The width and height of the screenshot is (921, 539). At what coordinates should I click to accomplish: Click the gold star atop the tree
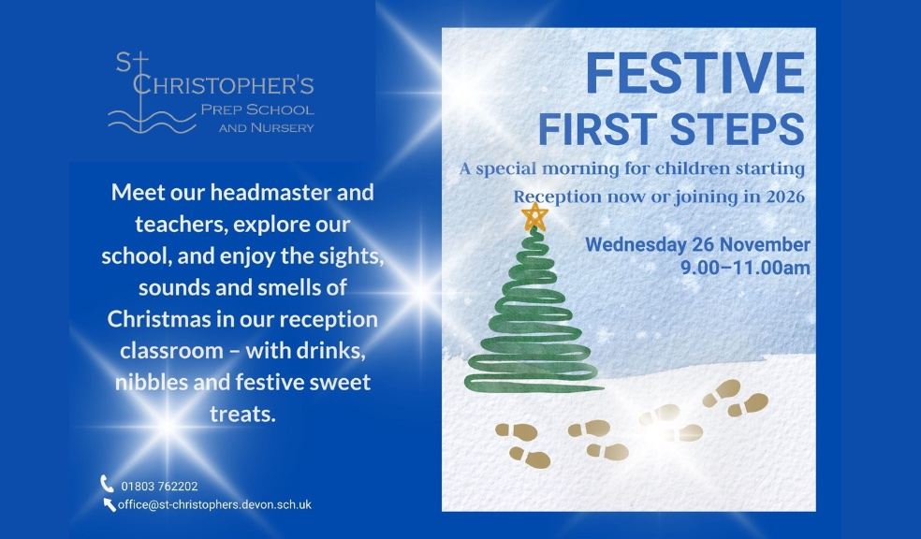534,217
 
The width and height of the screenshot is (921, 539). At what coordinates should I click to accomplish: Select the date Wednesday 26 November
697,245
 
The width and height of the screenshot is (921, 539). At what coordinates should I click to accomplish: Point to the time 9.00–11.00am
746,269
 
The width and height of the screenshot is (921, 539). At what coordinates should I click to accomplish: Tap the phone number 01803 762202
159,486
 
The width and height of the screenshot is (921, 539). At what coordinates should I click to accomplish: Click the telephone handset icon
108,484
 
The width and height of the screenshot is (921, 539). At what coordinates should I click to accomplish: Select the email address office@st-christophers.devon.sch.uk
214,504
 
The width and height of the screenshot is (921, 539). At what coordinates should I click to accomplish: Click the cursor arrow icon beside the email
110,505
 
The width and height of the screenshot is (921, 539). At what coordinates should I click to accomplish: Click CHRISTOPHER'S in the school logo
223,86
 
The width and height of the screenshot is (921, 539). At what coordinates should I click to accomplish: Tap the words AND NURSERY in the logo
267,127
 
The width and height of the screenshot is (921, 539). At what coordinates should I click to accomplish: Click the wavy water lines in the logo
151,119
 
